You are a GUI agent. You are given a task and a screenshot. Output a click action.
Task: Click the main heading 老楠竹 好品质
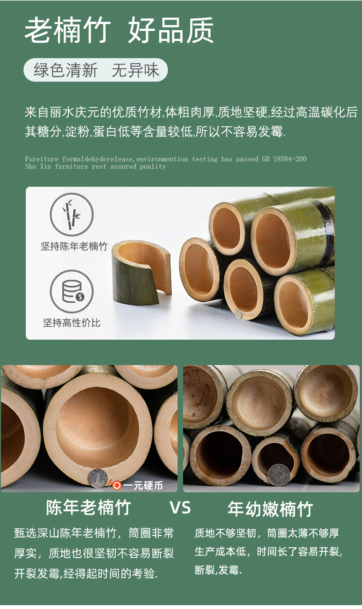tap(119, 30)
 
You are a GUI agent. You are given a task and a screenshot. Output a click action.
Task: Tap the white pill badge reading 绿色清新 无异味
tap(96, 70)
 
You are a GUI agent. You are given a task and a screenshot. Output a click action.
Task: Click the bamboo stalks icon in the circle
tap(71, 214)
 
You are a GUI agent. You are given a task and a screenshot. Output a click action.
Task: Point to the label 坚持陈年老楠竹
tap(74, 246)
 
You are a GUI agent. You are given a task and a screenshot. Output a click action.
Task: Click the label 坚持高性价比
tap(71, 323)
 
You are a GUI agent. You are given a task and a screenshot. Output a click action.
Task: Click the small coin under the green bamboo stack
tap(239, 314)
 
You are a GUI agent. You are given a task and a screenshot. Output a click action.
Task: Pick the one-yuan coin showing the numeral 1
tap(97, 478)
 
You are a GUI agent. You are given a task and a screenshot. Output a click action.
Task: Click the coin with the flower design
tap(278, 475)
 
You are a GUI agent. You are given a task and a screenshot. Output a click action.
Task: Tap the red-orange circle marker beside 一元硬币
tap(117, 485)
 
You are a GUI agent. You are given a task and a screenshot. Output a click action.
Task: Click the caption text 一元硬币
tap(143, 485)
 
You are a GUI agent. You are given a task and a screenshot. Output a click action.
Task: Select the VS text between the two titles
tap(181, 508)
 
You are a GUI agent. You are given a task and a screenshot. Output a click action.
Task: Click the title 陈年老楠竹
tap(88, 507)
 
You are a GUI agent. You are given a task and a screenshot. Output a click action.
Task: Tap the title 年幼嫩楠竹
tap(270, 509)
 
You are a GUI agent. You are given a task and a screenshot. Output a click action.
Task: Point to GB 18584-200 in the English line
tap(284, 159)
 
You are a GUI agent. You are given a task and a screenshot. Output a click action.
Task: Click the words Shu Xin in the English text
tap(38, 166)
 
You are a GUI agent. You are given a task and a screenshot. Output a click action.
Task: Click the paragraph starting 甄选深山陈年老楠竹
tap(94, 554)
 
